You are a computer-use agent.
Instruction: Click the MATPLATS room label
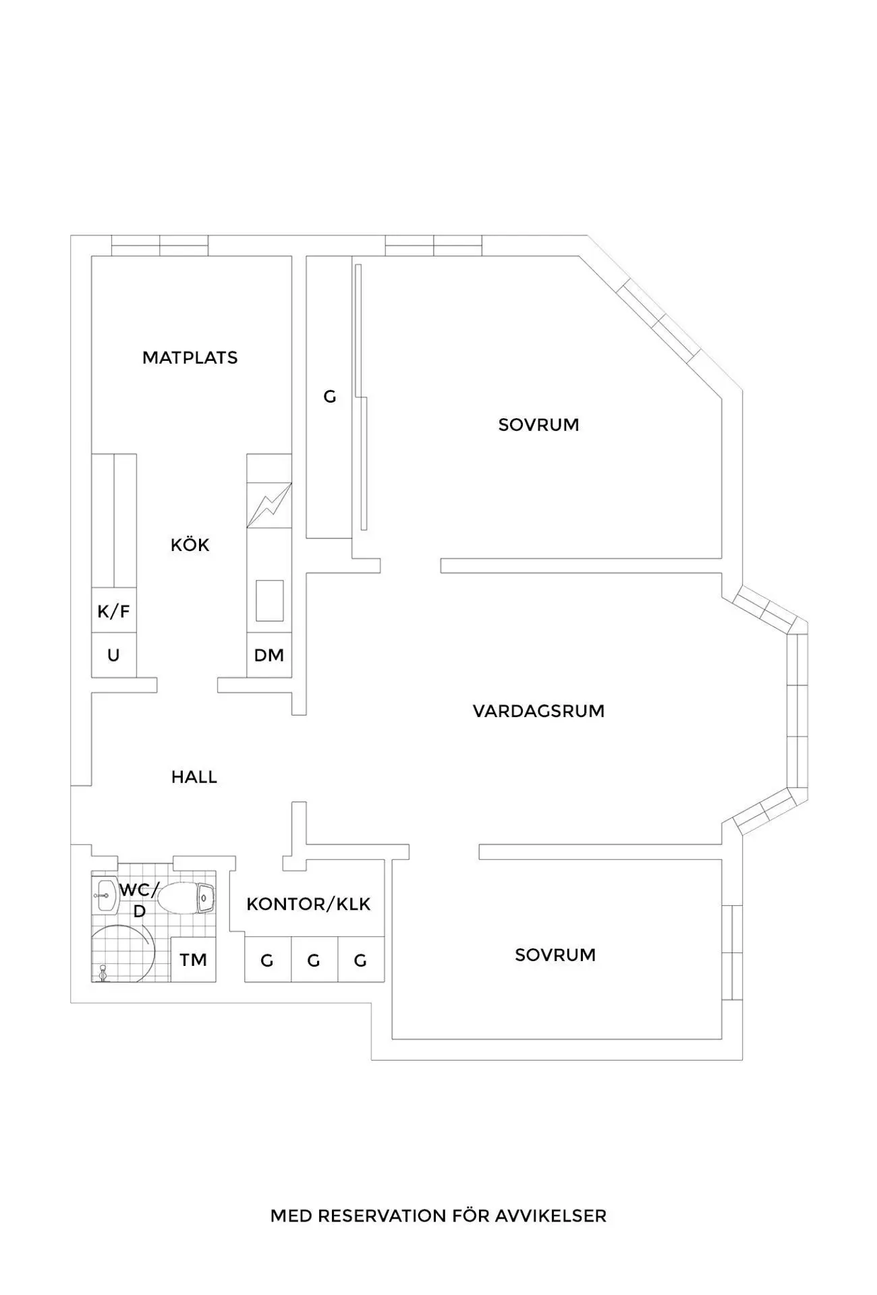[x=190, y=357]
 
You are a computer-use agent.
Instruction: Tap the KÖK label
[x=190, y=544]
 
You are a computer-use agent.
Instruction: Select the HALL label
[x=194, y=777]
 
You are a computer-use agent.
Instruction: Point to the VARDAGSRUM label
[x=538, y=711]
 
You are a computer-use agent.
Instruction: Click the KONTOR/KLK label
[x=308, y=904]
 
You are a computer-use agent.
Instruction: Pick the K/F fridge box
[x=114, y=611]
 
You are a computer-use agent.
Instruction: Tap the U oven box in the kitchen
[x=114, y=655]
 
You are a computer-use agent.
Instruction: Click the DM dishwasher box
[x=269, y=655]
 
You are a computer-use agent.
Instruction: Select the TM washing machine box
[x=194, y=959]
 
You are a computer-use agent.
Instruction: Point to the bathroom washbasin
[x=105, y=896]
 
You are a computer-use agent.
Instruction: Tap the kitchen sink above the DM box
[x=269, y=600]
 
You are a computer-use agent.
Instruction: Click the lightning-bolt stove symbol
[x=269, y=505]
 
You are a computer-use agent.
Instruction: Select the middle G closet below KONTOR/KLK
[x=314, y=959]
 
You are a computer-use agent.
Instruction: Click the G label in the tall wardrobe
[x=329, y=397]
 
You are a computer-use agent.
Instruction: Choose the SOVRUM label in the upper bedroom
[x=538, y=425]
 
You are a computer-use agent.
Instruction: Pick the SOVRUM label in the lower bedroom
[x=555, y=955]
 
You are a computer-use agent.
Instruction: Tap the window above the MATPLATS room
[x=160, y=246]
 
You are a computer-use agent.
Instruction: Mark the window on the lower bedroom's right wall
[x=732, y=952]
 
